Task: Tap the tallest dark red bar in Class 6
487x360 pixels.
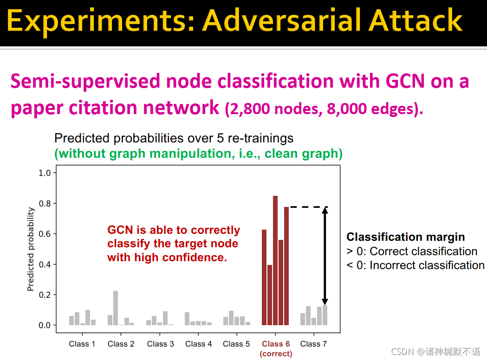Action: point(275,260)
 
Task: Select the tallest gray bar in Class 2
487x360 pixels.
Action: point(116,308)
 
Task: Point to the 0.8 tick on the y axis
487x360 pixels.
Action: point(55,203)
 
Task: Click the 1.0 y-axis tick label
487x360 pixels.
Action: point(45,173)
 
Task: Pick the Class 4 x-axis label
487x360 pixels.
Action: point(198,344)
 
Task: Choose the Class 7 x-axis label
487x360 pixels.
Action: point(313,344)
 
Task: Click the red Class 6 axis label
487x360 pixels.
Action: point(276,348)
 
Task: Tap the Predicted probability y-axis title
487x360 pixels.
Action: point(31,249)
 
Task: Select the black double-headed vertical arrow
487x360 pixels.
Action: point(325,256)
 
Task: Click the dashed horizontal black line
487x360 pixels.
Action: point(309,207)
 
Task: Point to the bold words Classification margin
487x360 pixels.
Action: point(406,237)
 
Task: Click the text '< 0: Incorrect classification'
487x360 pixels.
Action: point(415,265)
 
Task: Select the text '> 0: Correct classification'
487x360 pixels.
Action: point(412,251)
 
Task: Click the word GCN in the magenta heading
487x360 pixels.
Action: point(405,81)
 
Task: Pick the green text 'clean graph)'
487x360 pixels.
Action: point(304,154)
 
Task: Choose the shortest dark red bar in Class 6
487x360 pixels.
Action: point(270,295)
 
